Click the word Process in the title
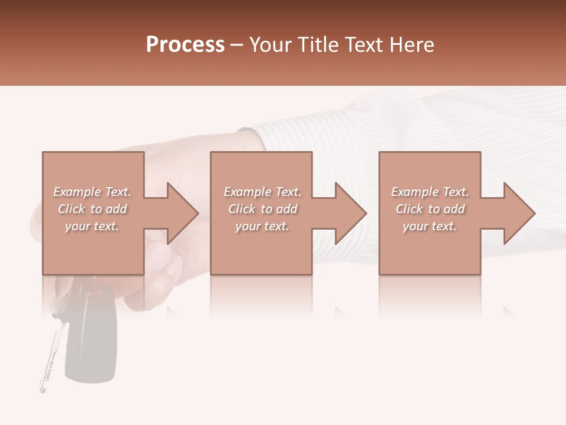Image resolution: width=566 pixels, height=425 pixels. tap(185, 45)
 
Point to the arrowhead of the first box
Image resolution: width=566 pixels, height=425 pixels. tap(180, 213)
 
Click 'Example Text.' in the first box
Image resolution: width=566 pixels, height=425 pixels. tap(92, 192)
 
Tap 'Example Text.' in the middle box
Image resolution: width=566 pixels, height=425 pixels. tap(262, 192)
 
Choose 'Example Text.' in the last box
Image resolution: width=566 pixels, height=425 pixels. tap(430, 192)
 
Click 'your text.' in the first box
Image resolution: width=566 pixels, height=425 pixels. tap(92, 226)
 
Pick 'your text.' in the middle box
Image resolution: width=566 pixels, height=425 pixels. tap(262, 226)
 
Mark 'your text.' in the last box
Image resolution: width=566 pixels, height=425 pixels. tap(430, 226)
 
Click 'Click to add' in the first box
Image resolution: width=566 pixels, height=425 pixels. tap(92, 209)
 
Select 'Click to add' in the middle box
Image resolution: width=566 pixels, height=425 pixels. tap(262, 209)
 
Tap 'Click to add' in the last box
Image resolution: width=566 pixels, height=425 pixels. tap(430, 209)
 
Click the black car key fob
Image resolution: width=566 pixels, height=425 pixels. tap(91, 336)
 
